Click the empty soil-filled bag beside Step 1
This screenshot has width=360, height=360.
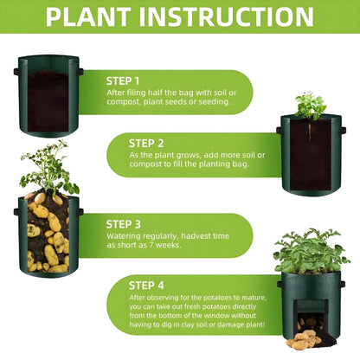pos(49,97)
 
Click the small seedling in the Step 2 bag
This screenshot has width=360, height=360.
pos(309,106)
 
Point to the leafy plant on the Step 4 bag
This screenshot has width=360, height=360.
pos(309,252)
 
